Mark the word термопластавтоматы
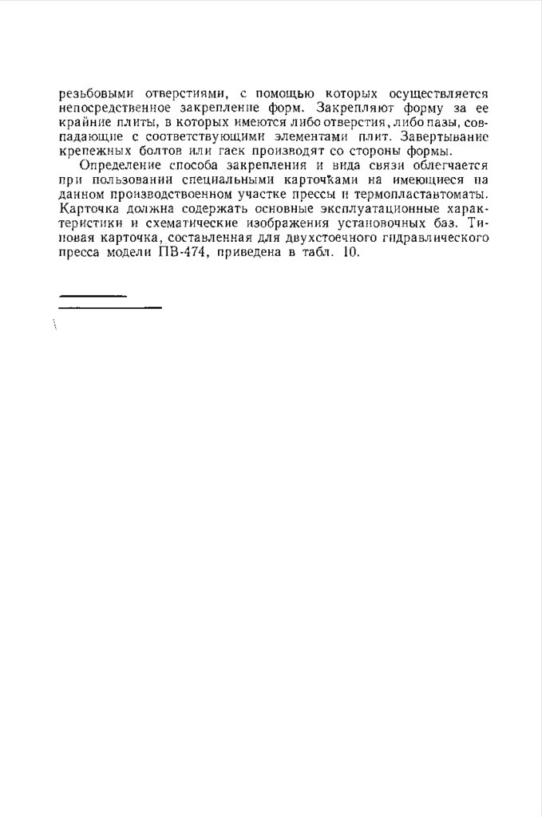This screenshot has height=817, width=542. tap(425, 195)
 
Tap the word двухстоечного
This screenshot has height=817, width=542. tap(336, 238)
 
